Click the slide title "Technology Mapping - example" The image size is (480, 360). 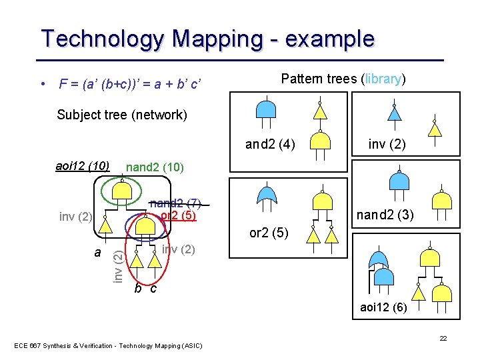207,39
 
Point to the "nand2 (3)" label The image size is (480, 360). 385,215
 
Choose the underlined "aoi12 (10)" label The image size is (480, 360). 83,165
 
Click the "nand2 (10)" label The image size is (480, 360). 154,166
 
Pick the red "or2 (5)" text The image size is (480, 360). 178,215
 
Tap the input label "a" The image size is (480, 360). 97,253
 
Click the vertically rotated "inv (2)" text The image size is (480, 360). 117,264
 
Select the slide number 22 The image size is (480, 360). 443,339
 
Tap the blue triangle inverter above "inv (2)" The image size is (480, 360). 395,113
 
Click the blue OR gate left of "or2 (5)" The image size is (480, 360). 267,195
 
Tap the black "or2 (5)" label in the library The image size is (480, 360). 269,233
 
